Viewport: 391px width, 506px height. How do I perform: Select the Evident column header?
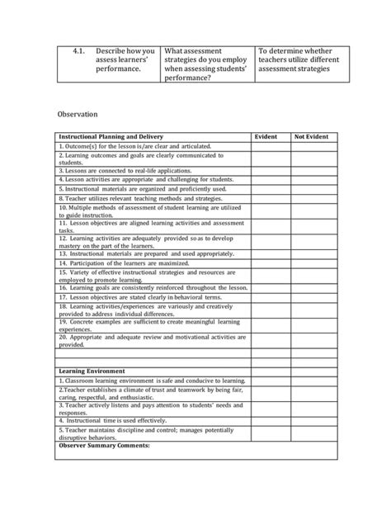266,136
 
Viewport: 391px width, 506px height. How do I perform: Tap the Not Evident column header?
311,136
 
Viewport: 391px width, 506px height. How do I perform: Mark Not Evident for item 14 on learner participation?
311,262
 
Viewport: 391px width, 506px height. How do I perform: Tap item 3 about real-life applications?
124,171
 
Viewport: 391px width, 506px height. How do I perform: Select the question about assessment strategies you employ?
205,64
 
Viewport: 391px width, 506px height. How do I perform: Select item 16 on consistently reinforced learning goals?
153,287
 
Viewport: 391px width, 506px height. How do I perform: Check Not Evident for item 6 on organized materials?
311,189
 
